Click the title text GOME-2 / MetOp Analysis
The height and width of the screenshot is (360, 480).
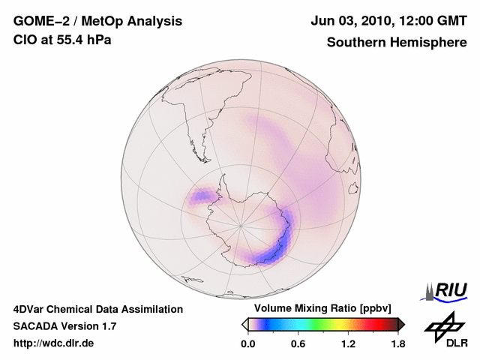[97, 20]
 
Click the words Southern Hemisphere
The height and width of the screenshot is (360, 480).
[397, 42]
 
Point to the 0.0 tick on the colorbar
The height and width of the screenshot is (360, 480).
[247, 343]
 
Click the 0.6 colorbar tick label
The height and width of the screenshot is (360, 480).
[298, 343]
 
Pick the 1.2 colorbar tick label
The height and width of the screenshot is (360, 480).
[347, 343]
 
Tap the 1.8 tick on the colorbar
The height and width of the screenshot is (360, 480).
[397, 343]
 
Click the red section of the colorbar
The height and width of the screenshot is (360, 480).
[375, 324]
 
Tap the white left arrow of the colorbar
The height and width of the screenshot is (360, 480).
[244, 324]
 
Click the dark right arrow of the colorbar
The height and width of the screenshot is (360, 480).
[401, 324]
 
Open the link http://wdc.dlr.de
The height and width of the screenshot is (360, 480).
[54, 343]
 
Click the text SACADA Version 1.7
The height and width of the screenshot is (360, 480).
[64, 326]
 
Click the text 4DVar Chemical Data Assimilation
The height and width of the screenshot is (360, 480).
[97, 309]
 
